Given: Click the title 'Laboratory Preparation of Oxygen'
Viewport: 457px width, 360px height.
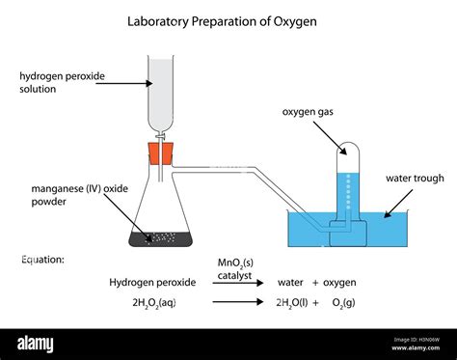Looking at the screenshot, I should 228,18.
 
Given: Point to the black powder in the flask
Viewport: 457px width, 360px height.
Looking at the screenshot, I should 164,235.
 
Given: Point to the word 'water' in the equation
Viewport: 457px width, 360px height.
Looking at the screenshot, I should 291,282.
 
